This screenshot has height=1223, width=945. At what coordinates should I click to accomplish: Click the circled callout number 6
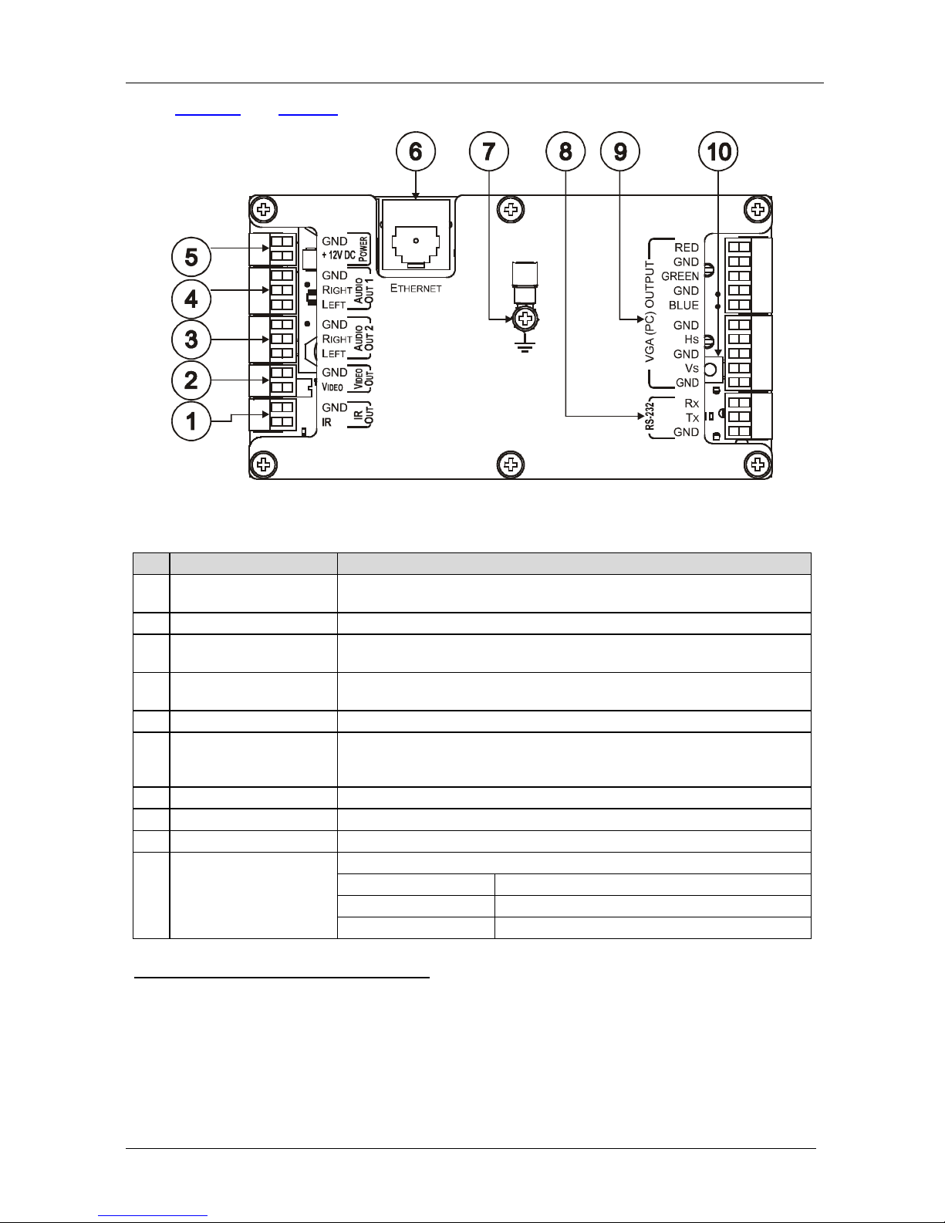click(416, 151)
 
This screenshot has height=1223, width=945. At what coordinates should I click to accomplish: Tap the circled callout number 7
click(489, 151)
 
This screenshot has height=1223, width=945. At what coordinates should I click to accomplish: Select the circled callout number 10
click(718, 151)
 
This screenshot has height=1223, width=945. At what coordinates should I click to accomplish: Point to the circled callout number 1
click(191, 421)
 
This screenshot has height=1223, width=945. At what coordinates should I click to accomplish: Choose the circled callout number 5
click(191, 257)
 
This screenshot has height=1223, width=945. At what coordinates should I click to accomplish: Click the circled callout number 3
click(191, 340)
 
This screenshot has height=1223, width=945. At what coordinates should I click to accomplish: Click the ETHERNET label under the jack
click(416, 288)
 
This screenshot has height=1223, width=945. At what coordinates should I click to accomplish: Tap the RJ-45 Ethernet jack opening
click(416, 245)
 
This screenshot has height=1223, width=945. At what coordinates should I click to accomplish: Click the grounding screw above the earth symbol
click(525, 319)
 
